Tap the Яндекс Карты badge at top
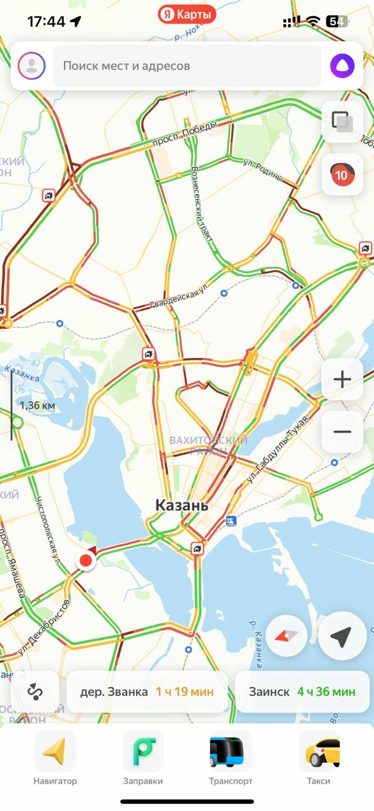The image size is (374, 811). (187, 14)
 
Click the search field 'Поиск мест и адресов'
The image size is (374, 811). (187, 65)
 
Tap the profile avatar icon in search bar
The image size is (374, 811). (32, 65)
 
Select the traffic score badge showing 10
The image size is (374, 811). (342, 174)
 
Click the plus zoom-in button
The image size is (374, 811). (342, 380)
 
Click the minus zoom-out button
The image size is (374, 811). (342, 431)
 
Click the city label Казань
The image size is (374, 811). (182, 506)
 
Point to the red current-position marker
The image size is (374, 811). (85, 561)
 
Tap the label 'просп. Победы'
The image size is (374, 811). (184, 134)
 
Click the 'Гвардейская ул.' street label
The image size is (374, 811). (179, 297)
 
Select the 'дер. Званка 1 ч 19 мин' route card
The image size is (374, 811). (147, 692)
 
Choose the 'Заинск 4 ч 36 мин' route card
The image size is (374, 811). (302, 692)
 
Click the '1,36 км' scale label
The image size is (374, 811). (37, 405)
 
